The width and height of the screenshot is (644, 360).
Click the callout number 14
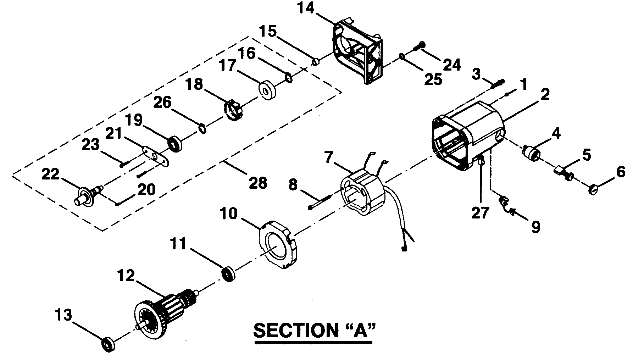[306, 8]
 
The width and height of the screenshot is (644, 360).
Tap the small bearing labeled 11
[228, 275]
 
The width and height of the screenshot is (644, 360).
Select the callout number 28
[258, 183]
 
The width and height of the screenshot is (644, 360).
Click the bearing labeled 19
[175, 143]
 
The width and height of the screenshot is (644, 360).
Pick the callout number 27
[480, 213]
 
